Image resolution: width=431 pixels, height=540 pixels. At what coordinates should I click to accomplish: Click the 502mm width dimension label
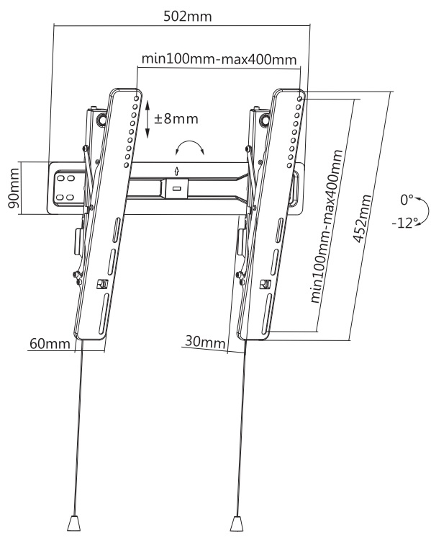pyautogui.click(x=187, y=16)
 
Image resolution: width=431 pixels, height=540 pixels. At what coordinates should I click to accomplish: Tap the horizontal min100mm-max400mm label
pyautogui.click(x=219, y=59)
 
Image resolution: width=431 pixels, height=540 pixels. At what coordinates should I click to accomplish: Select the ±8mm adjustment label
pyautogui.click(x=176, y=119)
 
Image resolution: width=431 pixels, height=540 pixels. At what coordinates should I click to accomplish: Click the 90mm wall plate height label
pyautogui.click(x=13, y=187)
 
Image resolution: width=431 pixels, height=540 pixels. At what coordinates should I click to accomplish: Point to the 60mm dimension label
pyautogui.click(x=50, y=343)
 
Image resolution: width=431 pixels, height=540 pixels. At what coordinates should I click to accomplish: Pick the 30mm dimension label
pyautogui.click(x=205, y=342)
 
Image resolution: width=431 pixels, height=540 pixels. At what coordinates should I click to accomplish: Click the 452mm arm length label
pyautogui.click(x=362, y=218)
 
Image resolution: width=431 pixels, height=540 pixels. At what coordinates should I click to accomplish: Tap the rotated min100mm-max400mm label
pyautogui.click(x=327, y=226)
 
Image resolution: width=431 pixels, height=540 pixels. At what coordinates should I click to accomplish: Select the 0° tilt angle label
pyautogui.click(x=407, y=200)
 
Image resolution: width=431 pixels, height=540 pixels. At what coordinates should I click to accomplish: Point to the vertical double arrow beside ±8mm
pyautogui.click(x=148, y=119)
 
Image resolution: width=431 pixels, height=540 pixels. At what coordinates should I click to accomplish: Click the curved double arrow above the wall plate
pyautogui.click(x=189, y=146)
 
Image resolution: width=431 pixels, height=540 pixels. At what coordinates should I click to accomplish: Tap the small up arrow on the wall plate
pyautogui.click(x=177, y=170)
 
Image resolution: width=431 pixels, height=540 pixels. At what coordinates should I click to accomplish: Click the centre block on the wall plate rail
pyautogui.click(x=177, y=188)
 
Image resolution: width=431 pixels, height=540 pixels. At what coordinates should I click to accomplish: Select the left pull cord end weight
pyautogui.click(x=73, y=523)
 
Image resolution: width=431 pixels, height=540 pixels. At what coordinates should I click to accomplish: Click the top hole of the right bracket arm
pyautogui.click(x=300, y=99)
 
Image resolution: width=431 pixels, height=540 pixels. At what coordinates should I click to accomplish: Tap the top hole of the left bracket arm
pyautogui.click(x=137, y=99)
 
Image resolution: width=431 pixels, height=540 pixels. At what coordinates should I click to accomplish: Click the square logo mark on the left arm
pyautogui.click(x=102, y=284)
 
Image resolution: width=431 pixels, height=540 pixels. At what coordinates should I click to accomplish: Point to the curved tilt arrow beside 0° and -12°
pyautogui.click(x=426, y=211)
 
